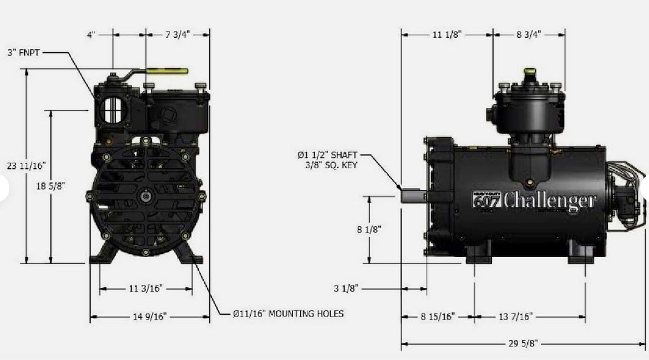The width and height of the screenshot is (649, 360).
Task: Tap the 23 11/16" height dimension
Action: click(x=27, y=166)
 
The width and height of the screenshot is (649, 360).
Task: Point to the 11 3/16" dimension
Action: click(x=146, y=289)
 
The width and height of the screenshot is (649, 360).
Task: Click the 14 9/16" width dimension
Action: click(x=150, y=317)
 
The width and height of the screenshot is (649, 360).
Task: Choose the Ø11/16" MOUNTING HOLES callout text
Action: click(x=288, y=313)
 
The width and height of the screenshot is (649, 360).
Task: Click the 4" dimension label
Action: click(x=92, y=35)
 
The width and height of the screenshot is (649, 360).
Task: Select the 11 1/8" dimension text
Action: click(x=447, y=35)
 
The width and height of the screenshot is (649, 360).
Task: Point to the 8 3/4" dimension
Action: click(x=529, y=35)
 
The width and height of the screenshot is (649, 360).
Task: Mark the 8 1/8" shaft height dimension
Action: click(x=369, y=229)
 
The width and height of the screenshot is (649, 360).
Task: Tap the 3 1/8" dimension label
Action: click(x=346, y=289)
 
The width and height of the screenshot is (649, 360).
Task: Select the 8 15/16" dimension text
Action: click(x=438, y=317)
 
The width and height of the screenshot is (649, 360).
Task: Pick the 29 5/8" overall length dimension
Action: click(x=523, y=343)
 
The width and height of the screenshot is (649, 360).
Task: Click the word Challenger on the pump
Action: click(x=550, y=200)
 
